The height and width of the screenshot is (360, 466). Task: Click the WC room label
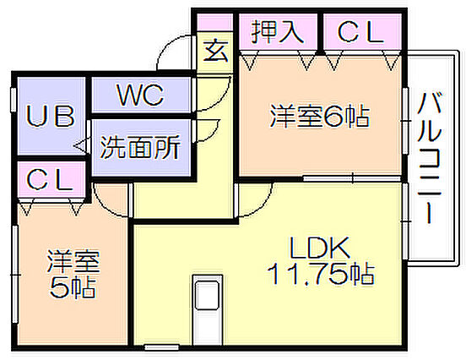pyautogui.click(x=140, y=95)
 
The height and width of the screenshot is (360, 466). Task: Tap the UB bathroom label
pyautogui.click(x=51, y=116)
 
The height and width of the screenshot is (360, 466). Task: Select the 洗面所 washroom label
pyautogui.click(x=140, y=147)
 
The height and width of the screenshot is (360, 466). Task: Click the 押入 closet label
pyautogui.click(x=277, y=32)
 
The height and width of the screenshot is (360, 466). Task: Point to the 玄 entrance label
pyautogui.click(x=216, y=51)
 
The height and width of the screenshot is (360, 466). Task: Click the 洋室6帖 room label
pyautogui.click(x=320, y=116)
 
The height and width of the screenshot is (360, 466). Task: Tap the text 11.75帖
pyautogui.click(x=321, y=274)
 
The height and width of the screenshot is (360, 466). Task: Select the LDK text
pyautogui.click(x=319, y=248)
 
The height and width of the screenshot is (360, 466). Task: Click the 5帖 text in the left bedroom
pyautogui.click(x=73, y=287)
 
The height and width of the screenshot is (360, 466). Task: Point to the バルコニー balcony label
pyautogui.click(x=430, y=158)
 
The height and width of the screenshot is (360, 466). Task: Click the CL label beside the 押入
pyautogui.click(x=360, y=32)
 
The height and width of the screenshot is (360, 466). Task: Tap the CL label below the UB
pyautogui.click(x=49, y=179)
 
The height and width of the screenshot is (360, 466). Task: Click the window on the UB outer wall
pyautogui.click(x=14, y=100)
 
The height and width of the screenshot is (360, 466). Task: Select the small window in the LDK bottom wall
pyautogui.click(x=161, y=347)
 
